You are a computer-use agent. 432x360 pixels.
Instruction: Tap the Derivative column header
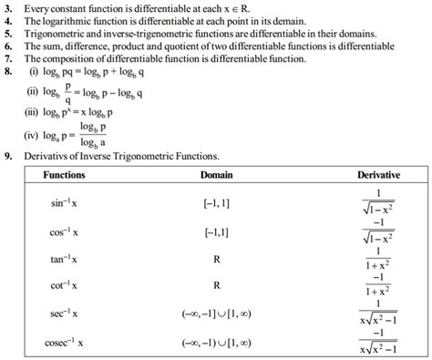[x=376, y=174]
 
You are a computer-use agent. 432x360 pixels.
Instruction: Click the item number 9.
[x=8, y=156]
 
